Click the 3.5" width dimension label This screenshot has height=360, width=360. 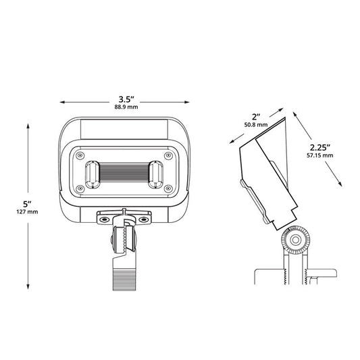tap(126, 99)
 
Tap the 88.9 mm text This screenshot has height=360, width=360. tap(126, 107)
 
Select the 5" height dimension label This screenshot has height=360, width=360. tap(27, 204)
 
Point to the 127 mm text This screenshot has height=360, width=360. tap(27, 211)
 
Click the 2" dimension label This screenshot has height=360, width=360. tap(256, 117)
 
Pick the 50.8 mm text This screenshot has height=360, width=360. tap(256, 125)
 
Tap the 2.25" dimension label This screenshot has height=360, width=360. tap(320, 147)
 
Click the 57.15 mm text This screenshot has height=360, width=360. tap(320, 155)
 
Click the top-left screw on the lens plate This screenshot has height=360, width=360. tap(80, 155)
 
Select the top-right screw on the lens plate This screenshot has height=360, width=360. tap(168, 155)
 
